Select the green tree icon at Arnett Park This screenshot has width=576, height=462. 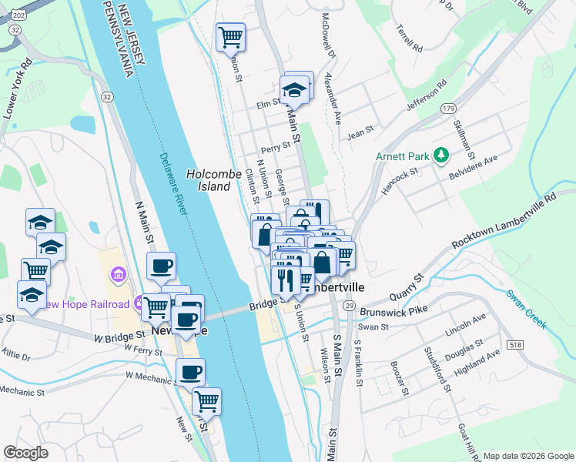440,156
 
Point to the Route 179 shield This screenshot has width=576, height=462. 449,109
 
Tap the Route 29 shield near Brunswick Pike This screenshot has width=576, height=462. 349,306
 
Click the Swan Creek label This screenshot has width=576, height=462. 527,309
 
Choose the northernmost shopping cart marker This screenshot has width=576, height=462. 230,36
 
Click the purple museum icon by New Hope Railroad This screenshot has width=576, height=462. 118,274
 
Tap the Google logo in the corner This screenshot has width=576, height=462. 25,452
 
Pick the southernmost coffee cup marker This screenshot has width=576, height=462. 191,373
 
